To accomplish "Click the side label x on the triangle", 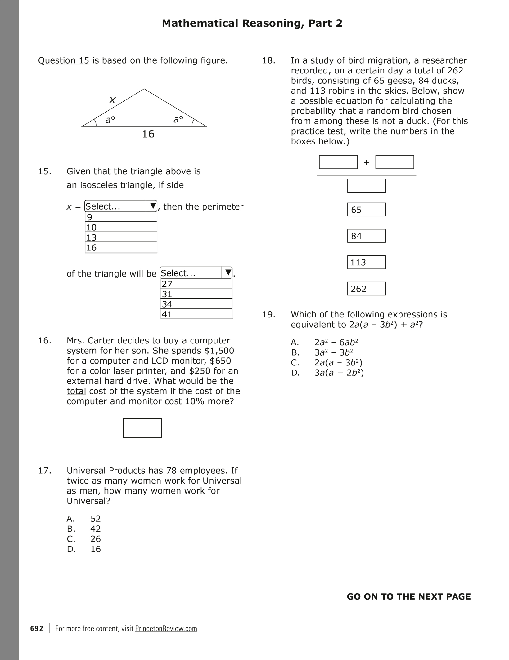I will (x=112, y=100).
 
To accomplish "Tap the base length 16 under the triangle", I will (x=148, y=134).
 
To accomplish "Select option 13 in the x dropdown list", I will (x=121, y=237).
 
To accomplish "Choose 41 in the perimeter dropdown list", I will (x=196, y=314).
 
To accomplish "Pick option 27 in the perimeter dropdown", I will (x=196, y=284).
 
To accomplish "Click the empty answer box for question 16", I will (x=142, y=428).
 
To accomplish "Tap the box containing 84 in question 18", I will (x=366, y=236).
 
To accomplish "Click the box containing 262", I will (x=366, y=289).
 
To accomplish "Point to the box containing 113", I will (x=366, y=262).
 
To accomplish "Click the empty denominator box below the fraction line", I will (x=366, y=186).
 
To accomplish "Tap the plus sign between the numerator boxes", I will (x=366, y=162).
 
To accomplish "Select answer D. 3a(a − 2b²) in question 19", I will (x=339, y=373).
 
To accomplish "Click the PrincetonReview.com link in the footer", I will (x=166, y=628).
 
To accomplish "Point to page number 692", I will (x=37, y=628).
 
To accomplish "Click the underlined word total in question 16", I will (x=76, y=391).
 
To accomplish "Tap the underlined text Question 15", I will (x=64, y=60).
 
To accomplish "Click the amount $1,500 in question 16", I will (x=218, y=351).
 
